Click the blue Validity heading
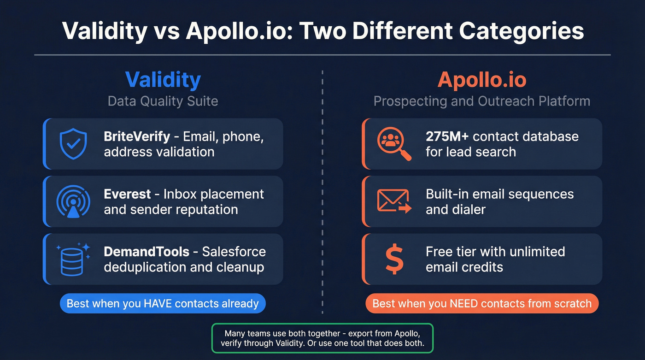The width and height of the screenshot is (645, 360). pos(163,80)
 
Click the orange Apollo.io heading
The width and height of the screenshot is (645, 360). pos(482,80)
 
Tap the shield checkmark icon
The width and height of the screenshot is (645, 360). pos(73,143)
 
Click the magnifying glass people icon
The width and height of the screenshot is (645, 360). pos(393,143)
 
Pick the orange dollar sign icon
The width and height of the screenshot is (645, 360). pos(394,259)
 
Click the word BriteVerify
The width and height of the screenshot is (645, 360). pos(137,137)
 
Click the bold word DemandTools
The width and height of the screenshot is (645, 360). pos(147,252)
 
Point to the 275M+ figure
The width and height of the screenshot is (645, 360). pos(447,137)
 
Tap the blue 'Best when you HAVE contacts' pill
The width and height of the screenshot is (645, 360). pos(163,304)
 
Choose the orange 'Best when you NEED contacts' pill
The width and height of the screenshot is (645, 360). pos(481,304)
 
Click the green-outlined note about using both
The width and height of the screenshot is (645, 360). pos(322,338)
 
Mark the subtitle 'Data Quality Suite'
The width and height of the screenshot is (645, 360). pos(163,101)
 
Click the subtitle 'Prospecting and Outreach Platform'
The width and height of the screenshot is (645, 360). pos(481,101)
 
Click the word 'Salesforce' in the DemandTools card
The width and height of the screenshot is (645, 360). pos(234,252)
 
